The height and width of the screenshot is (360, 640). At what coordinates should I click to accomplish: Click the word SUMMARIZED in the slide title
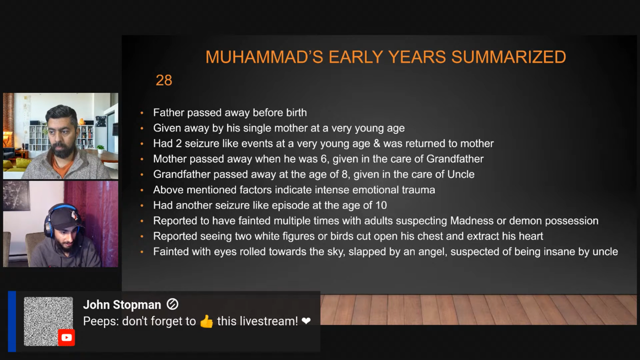point(509,57)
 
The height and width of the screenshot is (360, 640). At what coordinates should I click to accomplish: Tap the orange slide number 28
point(164,80)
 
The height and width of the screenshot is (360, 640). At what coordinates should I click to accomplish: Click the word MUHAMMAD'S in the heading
point(264,57)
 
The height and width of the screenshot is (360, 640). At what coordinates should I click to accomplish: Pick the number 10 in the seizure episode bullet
point(381,206)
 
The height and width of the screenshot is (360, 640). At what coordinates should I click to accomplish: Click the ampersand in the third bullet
point(377,144)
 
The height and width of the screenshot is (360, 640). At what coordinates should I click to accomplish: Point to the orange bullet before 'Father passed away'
point(142,113)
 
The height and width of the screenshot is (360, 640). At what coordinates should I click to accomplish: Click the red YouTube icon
point(66,338)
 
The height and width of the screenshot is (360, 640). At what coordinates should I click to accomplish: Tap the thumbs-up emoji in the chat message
point(206,322)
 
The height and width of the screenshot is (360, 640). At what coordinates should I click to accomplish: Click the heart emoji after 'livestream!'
point(306,321)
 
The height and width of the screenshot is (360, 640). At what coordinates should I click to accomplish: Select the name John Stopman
point(122,305)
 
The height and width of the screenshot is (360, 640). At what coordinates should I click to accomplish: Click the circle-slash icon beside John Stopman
point(172,304)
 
